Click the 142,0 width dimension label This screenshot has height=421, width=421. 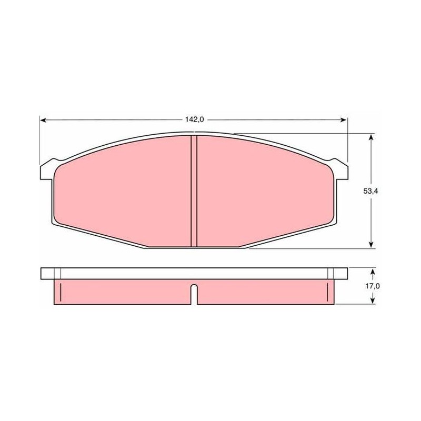(195, 119)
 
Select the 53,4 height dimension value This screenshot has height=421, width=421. (370, 191)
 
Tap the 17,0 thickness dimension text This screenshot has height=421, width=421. (372, 286)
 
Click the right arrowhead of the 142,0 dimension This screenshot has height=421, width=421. (344, 120)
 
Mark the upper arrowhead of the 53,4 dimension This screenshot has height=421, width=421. (371, 137)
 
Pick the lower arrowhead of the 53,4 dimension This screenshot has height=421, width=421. (371, 245)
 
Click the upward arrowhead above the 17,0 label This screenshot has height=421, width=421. (372, 273)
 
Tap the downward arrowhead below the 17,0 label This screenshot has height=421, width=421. (372, 300)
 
